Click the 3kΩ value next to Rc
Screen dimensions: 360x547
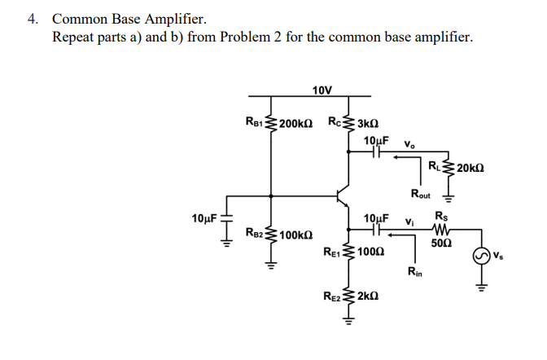tap(369, 124)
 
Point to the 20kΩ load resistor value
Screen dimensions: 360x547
tap(473, 168)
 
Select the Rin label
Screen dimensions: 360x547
tap(415, 271)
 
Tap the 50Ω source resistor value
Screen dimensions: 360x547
tap(441, 243)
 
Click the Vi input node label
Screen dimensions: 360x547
tap(410, 220)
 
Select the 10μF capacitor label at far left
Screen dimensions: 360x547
tap(204, 218)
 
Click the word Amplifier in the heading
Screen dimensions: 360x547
tap(174, 17)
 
